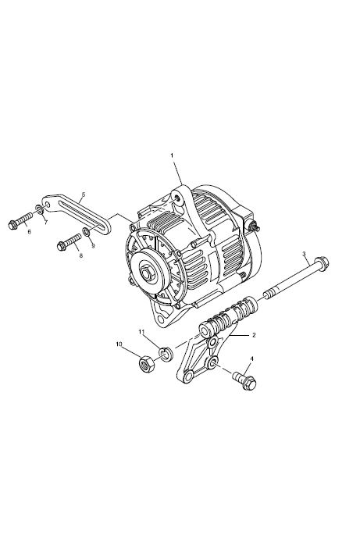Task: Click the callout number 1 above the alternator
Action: [x=172, y=155]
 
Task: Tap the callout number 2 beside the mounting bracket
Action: [x=254, y=335]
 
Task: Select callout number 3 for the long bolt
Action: [x=304, y=253]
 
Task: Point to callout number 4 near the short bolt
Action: [x=251, y=359]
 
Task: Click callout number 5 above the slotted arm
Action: [x=84, y=194]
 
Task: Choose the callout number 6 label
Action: [x=29, y=232]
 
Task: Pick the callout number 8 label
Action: [x=80, y=255]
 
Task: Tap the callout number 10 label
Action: [x=119, y=344]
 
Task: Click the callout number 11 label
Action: [x=141, y=331]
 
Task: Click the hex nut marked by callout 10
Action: [x=147, y=364]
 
